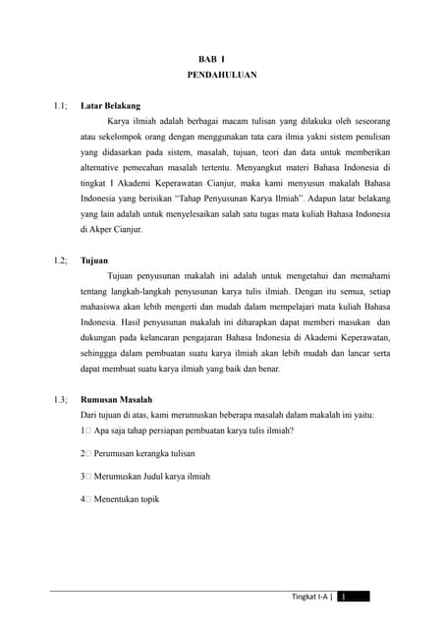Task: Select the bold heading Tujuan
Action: [94, 260]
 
